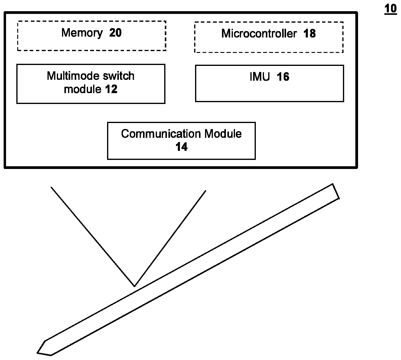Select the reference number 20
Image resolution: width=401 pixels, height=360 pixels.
115,33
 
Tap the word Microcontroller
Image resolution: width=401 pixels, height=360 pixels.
259,34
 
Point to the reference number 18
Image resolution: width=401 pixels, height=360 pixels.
309,34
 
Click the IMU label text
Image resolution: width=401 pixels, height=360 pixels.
259,77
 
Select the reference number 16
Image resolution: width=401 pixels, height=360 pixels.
283,77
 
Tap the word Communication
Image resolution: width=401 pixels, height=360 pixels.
161,134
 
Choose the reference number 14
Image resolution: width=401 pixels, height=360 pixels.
181,147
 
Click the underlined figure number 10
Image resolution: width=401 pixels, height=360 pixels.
390,9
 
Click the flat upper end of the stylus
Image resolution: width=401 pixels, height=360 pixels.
336,191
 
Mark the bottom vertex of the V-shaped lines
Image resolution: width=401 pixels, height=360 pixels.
134,286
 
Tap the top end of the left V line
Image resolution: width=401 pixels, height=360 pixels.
51,187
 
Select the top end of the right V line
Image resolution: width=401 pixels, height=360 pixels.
206,190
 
